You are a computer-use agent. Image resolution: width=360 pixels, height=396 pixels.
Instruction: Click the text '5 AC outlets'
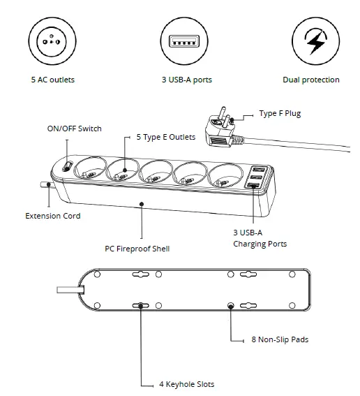point(52,80)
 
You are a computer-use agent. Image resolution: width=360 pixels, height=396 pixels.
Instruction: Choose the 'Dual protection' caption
point(311,80)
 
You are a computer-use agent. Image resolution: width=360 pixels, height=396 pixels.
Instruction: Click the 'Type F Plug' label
point(280,113)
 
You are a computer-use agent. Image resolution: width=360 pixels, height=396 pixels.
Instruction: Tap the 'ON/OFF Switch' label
point(74,129)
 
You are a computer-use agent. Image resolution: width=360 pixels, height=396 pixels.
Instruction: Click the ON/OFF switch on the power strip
point(65,167)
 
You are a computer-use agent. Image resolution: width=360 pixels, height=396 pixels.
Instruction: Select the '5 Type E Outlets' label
point(165,138)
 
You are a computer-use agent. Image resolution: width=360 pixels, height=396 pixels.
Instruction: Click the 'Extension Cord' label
point(53,216)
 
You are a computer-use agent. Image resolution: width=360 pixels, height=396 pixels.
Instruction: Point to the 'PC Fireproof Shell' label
point(137,248)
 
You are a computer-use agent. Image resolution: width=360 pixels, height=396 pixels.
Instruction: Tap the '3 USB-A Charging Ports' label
point(260,238)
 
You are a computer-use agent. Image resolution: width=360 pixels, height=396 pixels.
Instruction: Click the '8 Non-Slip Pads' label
point(280,340)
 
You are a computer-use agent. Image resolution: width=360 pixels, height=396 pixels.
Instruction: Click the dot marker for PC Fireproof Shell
point(142,205)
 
